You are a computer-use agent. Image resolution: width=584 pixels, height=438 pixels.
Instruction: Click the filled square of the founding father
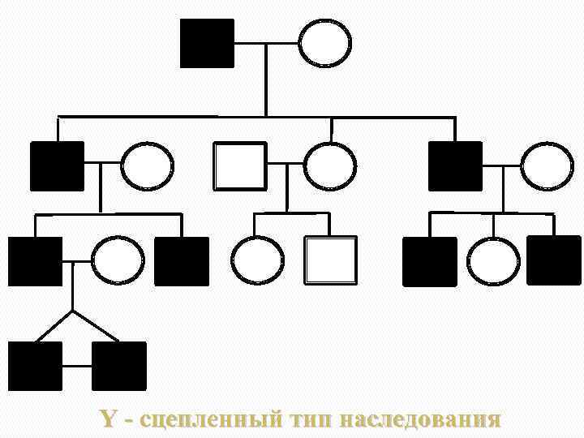(x=207, y=43)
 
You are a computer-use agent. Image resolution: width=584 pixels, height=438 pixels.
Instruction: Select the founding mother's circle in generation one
(x=325, y=43)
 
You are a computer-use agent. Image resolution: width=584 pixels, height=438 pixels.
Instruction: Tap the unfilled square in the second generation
(x=239, y=166)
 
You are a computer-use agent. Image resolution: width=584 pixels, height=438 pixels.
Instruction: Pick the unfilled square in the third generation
(x=330, y=260)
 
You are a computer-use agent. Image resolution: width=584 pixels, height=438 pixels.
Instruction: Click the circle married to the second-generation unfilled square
(x=329, y=166)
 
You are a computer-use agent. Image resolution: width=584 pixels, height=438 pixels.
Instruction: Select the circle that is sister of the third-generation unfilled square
(x=257, y=260)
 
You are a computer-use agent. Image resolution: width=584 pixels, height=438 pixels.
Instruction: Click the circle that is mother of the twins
(x=118, y=261)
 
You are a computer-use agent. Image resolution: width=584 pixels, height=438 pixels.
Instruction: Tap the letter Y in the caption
(x=108, y=419)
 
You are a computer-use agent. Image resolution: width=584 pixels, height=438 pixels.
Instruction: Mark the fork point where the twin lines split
(x=73, y=311)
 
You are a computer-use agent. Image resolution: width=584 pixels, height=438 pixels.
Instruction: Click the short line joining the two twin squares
(x=77, y=366)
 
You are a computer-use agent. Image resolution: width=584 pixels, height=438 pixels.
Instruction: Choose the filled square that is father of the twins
(x=36, y=261)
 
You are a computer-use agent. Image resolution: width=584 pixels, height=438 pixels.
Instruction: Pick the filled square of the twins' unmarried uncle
(x=181, y=261)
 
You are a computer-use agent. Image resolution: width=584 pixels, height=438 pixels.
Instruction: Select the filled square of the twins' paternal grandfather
(x=58, y=166)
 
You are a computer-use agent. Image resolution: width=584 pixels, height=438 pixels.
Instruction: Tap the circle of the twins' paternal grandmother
(x=147, y=166)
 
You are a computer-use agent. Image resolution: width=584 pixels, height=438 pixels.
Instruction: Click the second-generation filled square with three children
(x=455, y=166)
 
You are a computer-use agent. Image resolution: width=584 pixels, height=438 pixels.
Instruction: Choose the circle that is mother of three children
(x=547, y=166)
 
